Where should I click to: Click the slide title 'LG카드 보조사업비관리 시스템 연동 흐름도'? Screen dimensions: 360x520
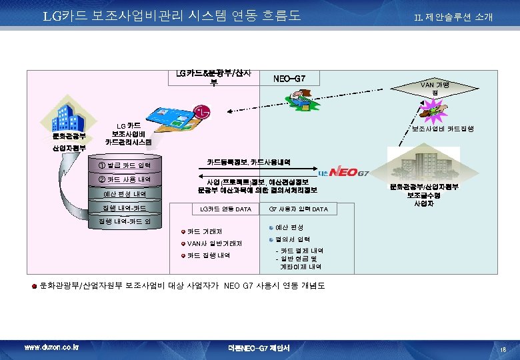tap(172, 15)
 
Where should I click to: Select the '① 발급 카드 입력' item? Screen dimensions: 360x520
tap(123, 165)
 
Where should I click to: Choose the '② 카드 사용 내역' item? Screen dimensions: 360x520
tap(123, 179)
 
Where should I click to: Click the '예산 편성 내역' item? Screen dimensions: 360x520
tap(123, 194)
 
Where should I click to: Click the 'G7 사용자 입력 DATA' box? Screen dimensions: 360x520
tap(298, 210)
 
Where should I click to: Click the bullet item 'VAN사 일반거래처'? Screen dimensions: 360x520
tap(214, 243)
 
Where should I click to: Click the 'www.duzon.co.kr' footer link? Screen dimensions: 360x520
tap(51, 348)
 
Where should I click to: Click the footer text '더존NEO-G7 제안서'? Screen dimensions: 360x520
tap(261, 348)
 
